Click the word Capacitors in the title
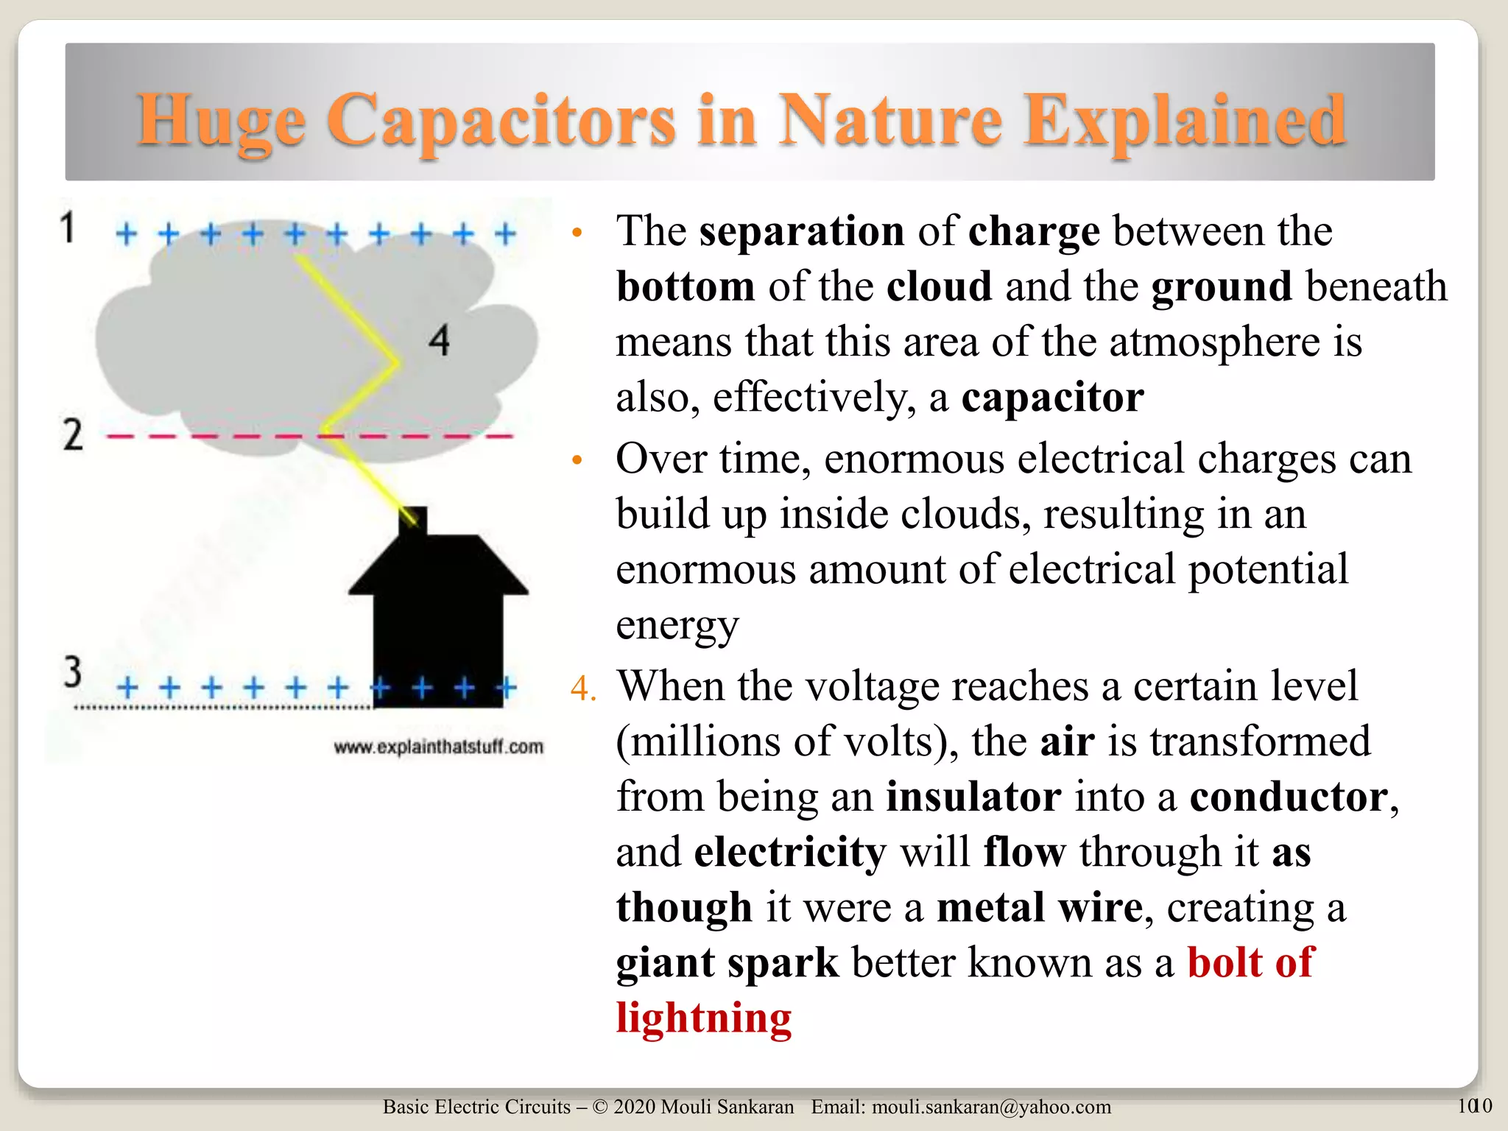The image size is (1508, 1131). (501, 121)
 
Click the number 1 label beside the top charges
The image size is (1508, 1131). (68, 228)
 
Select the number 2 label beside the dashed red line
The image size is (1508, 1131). (72, 434)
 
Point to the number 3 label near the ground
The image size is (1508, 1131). (72, 672)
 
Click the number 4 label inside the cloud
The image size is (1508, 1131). (440, 341)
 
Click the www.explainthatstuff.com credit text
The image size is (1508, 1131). (439, 747)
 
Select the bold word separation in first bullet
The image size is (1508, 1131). (801, 231)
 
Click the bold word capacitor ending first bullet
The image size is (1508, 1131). (1052, 398)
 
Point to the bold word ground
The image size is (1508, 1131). (1222, 286)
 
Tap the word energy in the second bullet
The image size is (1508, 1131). (677, 625)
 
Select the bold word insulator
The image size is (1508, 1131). (973, 797)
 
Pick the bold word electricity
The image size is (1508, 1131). (790, 852)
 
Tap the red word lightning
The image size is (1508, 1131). (703, 1018)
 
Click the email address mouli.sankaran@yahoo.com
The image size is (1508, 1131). (991, 1107)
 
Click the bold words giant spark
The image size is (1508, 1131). (727, 962)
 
